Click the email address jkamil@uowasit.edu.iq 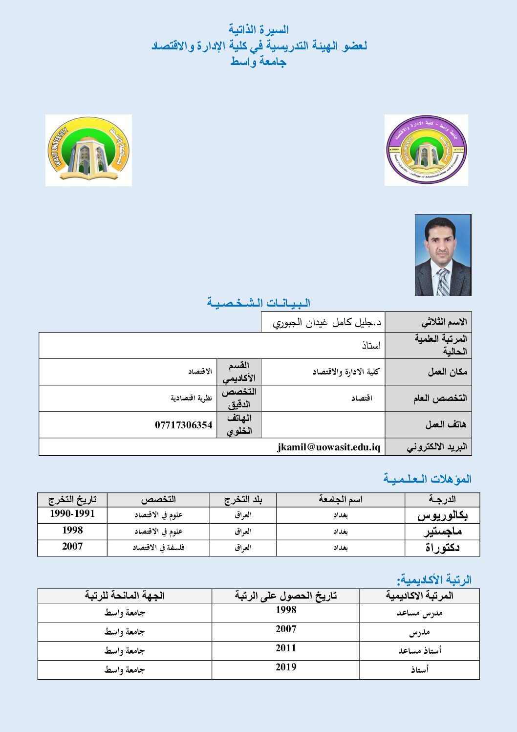(328, 447)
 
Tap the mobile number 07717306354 (184, 425)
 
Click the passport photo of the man (443, 255)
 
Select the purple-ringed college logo (426, 150)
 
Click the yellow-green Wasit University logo (88, 150)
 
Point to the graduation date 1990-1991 (72, 514)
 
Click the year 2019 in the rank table (286, 667)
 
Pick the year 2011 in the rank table (286, 648)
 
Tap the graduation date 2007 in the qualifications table (72, 547)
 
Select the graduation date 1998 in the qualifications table (72, 531)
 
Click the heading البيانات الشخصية (258, 303)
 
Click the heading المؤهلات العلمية (427, 479)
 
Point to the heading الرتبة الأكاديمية (434, 580)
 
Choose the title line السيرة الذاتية (258, 30)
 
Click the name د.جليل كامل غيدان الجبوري (327, 323)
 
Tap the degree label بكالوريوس (442, 515)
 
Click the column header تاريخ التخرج (72, 500)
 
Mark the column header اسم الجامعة (341, 500)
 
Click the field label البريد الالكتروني (437, 447)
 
